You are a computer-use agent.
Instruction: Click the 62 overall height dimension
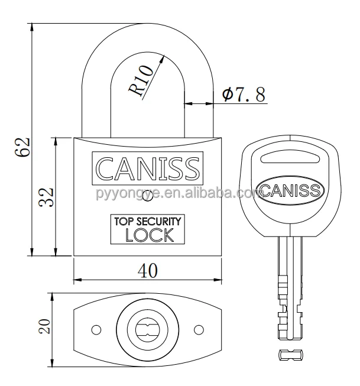[x=22, y=147]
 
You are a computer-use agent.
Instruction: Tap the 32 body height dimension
[x=46, y=197]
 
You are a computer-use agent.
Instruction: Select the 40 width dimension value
[x=148, y=271]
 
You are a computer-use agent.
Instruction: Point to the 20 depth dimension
[x=45, y=326]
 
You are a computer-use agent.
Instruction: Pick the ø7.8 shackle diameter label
[x=244, y=94]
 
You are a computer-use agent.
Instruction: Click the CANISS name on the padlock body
[x=148, y=168]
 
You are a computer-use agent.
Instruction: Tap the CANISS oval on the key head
[x=290, y=190]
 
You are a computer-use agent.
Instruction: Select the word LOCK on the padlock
[x=150, y=235]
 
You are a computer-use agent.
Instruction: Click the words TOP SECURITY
[x=148, y=221]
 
